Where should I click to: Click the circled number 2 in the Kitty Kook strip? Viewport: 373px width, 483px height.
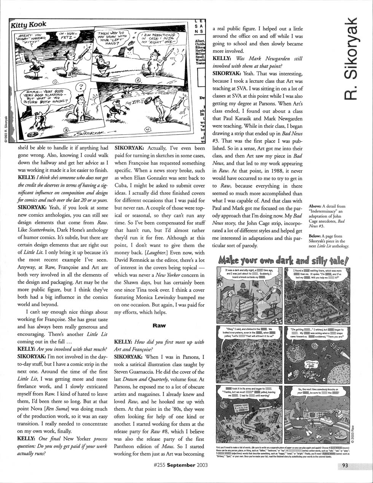[138, 81]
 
